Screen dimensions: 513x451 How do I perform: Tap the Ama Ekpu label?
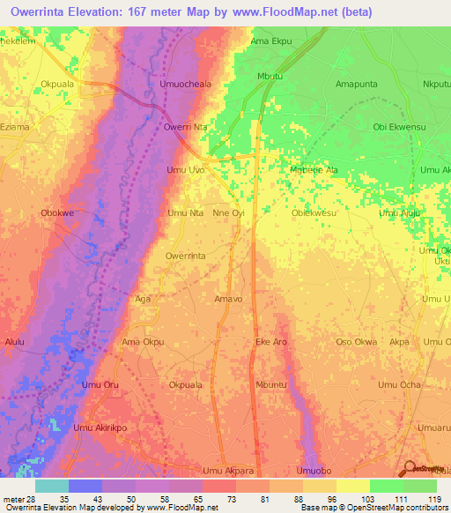tap(270, 41)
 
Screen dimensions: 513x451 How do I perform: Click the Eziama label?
tap(16, 127)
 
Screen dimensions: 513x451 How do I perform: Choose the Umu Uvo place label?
tap(185, 169)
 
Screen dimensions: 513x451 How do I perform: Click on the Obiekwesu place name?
tap(314, 212)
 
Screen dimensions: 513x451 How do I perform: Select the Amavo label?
tap(228, 299)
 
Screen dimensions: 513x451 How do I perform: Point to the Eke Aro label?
tap(270, 341)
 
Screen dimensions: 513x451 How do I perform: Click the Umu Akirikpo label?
tap(100, 427)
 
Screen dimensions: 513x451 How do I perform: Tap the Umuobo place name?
tap(314, 470)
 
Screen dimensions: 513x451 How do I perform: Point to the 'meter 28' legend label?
tap(18, 499)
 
